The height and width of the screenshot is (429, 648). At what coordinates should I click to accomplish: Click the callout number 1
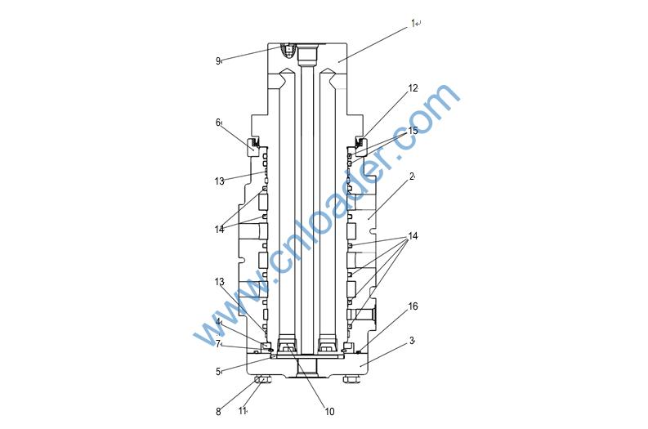pyautogui.click(x=413, y=23)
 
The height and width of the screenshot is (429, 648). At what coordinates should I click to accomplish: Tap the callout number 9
pyautogui.click(x=218, y=61)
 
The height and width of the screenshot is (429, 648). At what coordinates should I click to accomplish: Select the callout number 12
pyautogui.click(x=413, y=88)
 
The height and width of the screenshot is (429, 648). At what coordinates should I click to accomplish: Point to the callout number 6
pyautogui.click(x=218, y=123)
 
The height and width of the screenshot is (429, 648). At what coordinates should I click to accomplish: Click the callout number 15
pyautogui.click(x=413, y=131)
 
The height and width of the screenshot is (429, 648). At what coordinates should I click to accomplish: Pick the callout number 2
pyautogui.click(x=412, y=177)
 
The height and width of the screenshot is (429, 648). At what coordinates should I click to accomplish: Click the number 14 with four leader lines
pyautogui.click(x=413, y=236)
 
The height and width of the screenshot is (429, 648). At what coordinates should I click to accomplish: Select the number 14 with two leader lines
pyautogui.click(x=219, y=230)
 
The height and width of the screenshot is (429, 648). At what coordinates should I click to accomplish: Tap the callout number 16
pyautogui.click(x=413, y=306)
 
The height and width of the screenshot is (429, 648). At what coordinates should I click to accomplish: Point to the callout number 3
pyautogui.click(x=412, y=341)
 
